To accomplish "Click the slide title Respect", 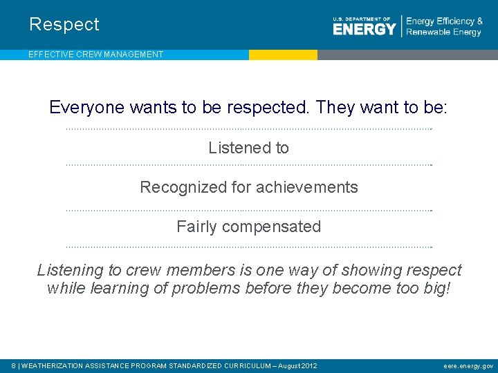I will pyautogui.click(x=64, y=25).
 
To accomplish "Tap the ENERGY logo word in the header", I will pyautogui.click(x=364, y=29).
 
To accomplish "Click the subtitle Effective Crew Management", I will pyautogui.click(x=95, y=55).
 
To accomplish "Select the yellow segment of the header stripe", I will pyautogui.click(x=283, y=55).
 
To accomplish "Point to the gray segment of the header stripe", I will pyautogui.click(x=407, y=55).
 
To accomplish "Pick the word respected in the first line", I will pyautogui.click(x=269, y=108).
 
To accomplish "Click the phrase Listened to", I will pyautogui.click(x=248, y=148).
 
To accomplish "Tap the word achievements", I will pyautogui.click(x=307, y=187).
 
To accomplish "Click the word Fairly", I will pyautogui.click(x=197, y=227).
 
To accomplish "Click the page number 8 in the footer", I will pyautogui.click(x=15, y=365).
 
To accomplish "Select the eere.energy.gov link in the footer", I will pyautogui.click(x=468, y=365).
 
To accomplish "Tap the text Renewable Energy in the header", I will pyautogui.click(x=443, y=32).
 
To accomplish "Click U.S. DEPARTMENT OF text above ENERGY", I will pyautogui.click(x=361, y=19).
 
